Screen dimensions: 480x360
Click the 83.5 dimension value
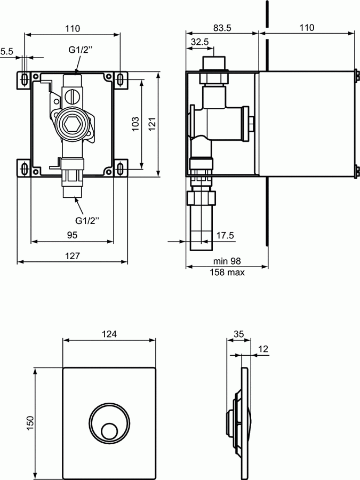[x=221, y=28]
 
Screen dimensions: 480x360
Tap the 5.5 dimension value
[x=6, y=52]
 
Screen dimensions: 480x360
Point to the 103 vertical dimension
[x=135, y=124]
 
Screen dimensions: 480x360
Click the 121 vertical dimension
[x=152, y=124]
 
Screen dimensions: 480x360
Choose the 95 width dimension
[x=72, y=235]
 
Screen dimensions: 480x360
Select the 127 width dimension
[x=72, y=256]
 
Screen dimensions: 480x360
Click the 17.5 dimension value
[x=225, y=235]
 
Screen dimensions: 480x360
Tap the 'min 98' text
[x=227, y=261]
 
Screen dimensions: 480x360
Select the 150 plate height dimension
[x=30, y=423]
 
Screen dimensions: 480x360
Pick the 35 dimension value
[x=238, y=334]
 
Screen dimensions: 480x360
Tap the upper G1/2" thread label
[x=81, y=51]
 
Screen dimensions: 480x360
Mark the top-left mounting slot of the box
[x=25, y=79]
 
